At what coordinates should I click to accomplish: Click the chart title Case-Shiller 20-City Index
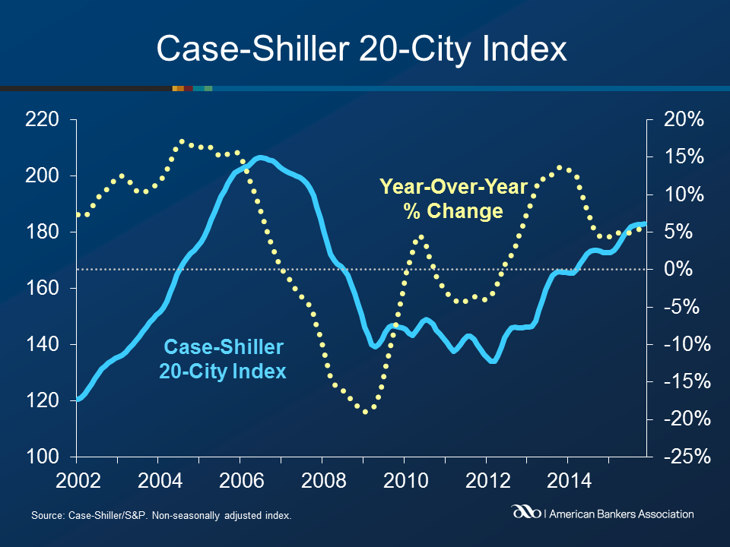pos(362,49)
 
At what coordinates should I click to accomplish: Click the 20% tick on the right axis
pos(684,119)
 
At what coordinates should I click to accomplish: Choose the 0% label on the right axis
pos(687,269)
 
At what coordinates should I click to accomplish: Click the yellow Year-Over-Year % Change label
pos(453,198)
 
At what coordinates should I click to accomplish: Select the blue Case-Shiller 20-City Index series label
pos(224,359)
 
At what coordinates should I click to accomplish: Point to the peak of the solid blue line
pos(259,157)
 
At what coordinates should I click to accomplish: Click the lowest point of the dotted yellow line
pos(366,412)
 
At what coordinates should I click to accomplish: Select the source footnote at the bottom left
pos(161,517)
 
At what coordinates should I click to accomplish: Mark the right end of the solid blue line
pos(645,223)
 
